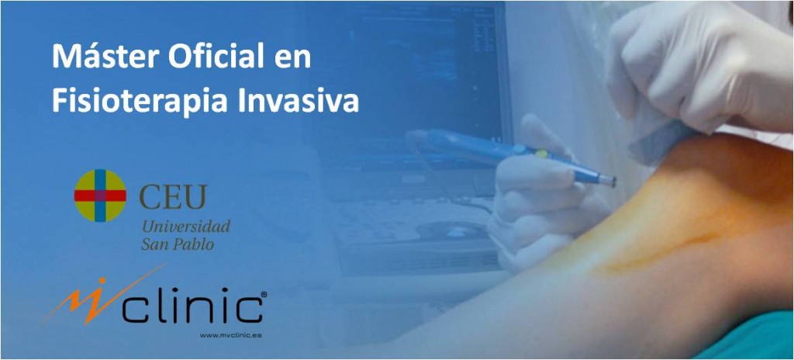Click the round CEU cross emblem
point(100,196)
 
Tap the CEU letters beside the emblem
point(173,197)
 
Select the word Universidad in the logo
point(186,226)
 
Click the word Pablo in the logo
point(193,244)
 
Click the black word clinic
point(192,306)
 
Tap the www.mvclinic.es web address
point(230,335)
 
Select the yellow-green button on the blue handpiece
point(541,153)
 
